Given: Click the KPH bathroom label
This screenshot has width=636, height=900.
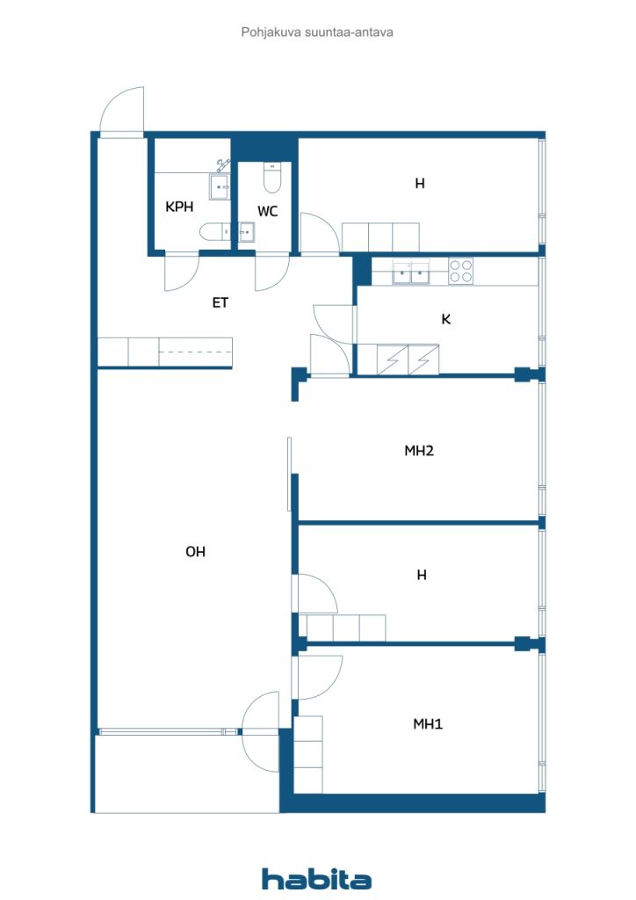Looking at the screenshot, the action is pos(179,207).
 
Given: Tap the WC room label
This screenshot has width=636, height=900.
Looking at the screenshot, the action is pos(267,211).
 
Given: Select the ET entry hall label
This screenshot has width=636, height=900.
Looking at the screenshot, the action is pos(220,302).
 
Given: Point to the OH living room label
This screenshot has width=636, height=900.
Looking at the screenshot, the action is pos(195,552).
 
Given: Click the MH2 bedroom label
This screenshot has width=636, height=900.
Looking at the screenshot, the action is pos(419,451).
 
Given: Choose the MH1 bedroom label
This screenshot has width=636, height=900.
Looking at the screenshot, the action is pos(428,724).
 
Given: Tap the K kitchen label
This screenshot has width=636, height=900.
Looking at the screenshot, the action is pos(446,319).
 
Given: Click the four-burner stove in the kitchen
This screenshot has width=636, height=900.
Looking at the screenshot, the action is pos(460,271).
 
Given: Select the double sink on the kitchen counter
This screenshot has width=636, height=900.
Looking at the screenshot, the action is pos(411,272).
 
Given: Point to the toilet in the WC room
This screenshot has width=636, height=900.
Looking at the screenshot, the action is pos(271,178).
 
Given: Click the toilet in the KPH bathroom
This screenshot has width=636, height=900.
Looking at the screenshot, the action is pos(214,232).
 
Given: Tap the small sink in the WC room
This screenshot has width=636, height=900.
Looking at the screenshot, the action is pos(247,232).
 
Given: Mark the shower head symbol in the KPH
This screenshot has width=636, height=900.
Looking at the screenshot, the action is pos(223,165).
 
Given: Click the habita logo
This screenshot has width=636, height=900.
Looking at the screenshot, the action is pos(316,879).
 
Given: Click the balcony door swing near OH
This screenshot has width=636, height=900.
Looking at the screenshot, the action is pos(260,732).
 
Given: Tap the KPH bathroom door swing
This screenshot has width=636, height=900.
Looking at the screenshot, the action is pos(181,272).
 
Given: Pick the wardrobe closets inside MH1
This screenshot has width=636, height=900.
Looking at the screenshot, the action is pos(308,754).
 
